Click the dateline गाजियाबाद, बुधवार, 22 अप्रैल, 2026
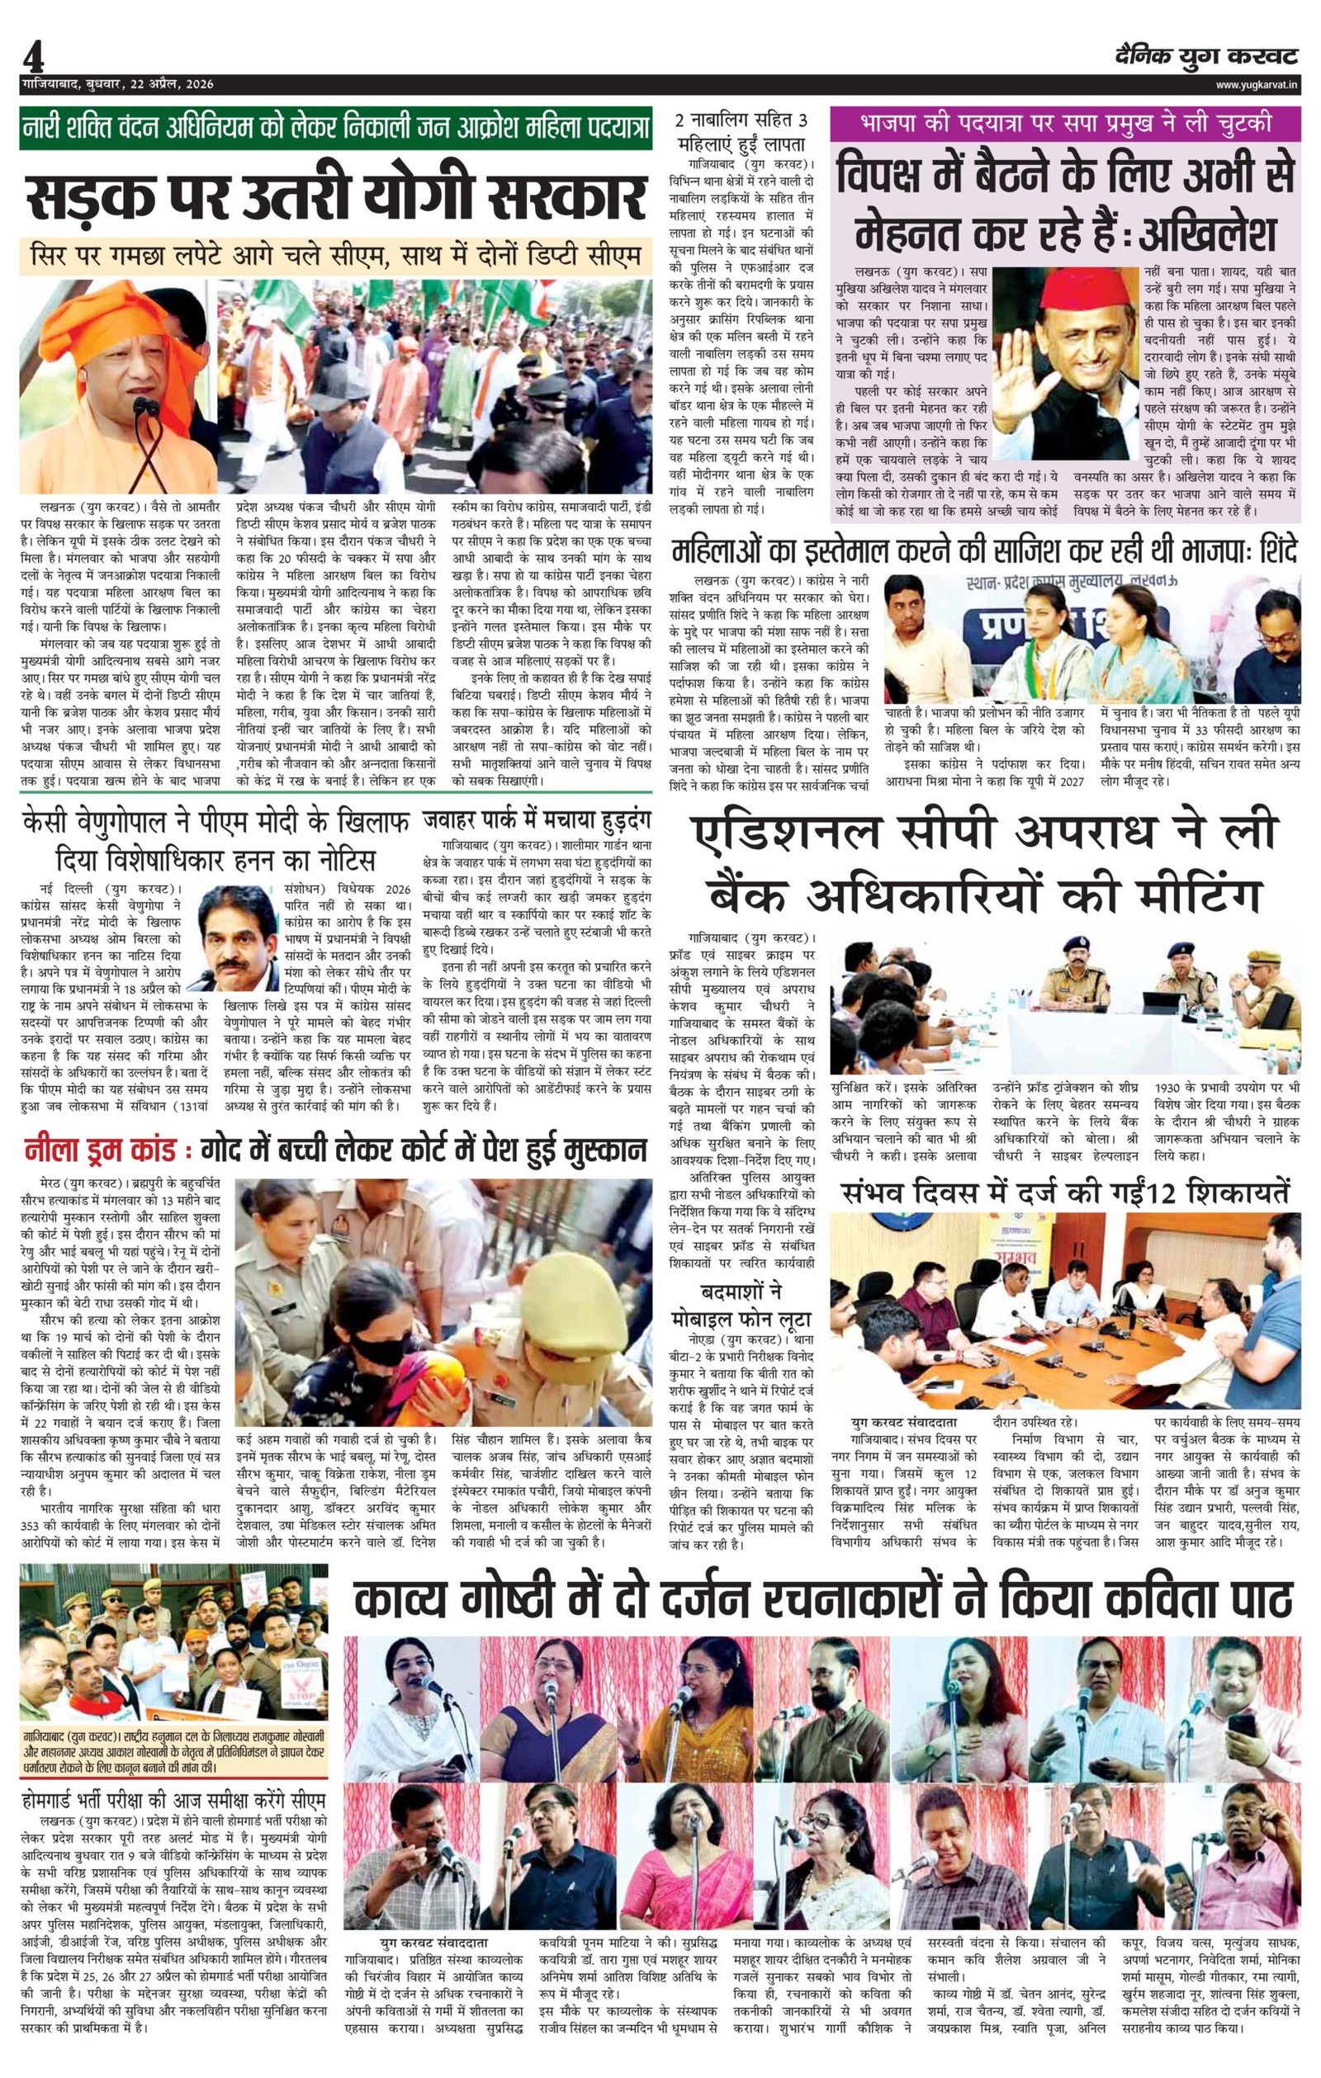click(x=116, y=84)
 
